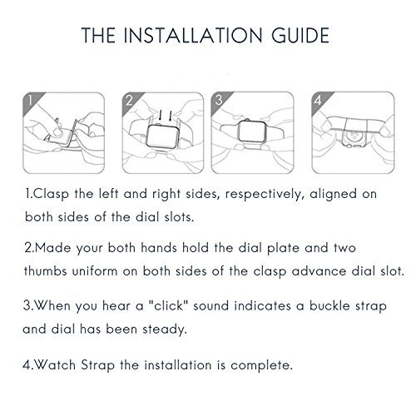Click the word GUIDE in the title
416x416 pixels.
300,35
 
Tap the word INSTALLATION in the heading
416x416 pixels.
192,35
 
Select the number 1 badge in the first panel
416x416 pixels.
30,101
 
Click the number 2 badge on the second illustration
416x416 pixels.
129,101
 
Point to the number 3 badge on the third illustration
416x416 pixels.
219,101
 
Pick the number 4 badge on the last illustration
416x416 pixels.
319,101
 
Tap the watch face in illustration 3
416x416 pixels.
252,132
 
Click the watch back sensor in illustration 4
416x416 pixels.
354,136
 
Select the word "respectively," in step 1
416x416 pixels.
263,195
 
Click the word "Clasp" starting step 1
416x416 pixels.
51,194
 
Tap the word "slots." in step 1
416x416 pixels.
179,216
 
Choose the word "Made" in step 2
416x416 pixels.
52,248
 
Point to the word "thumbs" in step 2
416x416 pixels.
45,270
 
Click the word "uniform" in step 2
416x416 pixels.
95,271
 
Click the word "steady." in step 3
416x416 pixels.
165,330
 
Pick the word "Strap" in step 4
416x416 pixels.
97,365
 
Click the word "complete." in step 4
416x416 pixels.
261,366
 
